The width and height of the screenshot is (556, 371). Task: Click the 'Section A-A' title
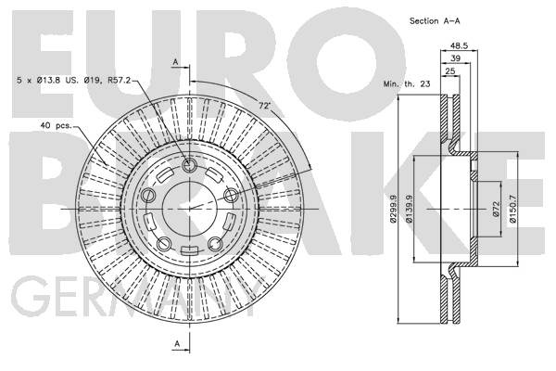click(435, 21)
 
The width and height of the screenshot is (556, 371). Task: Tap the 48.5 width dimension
click(460, 45)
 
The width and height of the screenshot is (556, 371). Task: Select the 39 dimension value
click(455, 58)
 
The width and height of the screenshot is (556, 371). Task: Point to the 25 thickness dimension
click(450, 71)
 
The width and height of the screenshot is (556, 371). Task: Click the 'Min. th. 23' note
click(407, 84)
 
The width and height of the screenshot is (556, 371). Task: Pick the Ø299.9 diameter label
click(393, 209)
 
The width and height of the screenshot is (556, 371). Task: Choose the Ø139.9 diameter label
click(409, 209)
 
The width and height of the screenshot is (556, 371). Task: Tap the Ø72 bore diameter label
click(496, 209)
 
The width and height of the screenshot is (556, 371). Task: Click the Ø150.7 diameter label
click(512, 209)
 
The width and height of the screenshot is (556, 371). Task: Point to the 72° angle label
click(264, 106)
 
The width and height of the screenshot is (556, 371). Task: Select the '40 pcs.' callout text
click(56, 125)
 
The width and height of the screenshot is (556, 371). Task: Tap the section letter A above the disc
click(175, 62)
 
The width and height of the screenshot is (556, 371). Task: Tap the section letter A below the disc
click(177, 343)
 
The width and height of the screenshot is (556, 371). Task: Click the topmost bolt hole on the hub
click(189, 165)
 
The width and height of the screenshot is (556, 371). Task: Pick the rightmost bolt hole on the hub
click(231, 195)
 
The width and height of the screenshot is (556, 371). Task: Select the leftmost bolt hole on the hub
click(148, 196)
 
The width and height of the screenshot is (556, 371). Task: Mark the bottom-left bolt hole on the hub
click(164, 244)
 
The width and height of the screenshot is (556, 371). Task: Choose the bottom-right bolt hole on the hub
click(215, 244)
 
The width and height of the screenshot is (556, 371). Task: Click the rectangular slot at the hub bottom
click(189, 250)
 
